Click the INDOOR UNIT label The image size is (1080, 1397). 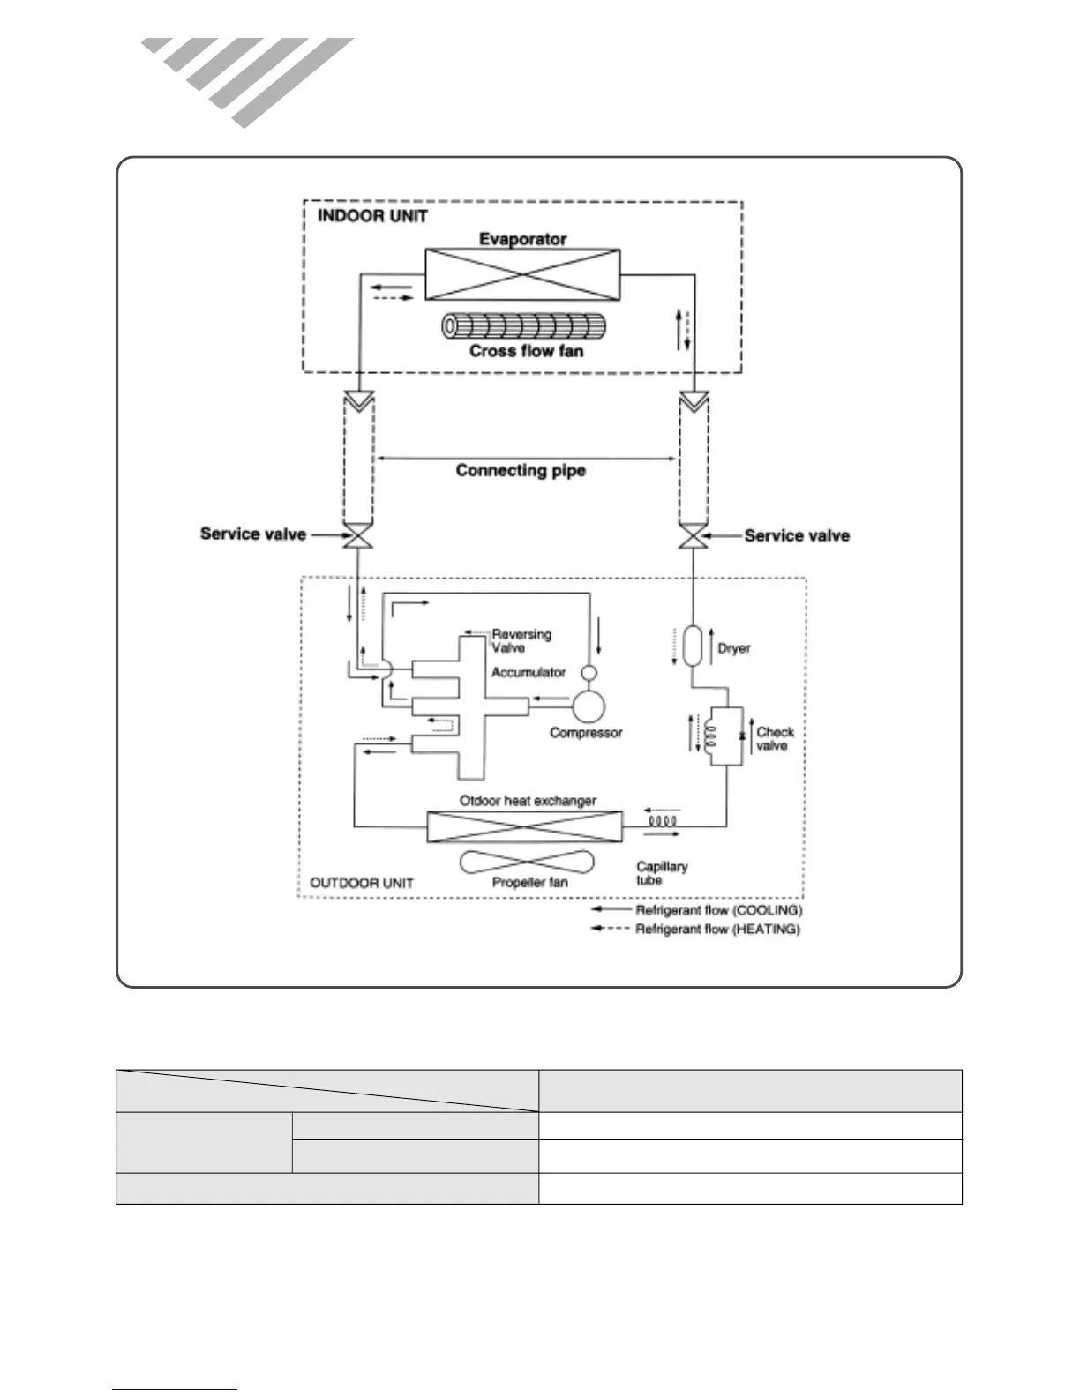point(372,216)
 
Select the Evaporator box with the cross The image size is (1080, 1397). point(522,274)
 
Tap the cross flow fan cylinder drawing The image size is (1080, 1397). point(523,326)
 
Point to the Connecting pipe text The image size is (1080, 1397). point(521,470)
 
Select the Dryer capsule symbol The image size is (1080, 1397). point(692,646)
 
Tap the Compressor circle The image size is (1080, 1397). point(589,705)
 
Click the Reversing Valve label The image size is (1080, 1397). point(521,640)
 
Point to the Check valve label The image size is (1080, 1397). point(775,738)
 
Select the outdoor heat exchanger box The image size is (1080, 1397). point(524,826)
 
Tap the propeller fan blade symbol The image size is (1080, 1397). point(528,862)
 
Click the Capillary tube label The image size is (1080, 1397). point(661,873)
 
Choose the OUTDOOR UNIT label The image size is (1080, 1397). point(362,883)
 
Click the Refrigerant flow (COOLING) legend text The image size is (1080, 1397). point(718,909)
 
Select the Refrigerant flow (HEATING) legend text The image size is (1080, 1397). point(717,929)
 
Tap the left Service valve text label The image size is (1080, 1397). point(253,534)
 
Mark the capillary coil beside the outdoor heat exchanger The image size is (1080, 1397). point(662,821)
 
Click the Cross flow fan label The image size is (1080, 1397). point(526,351)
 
